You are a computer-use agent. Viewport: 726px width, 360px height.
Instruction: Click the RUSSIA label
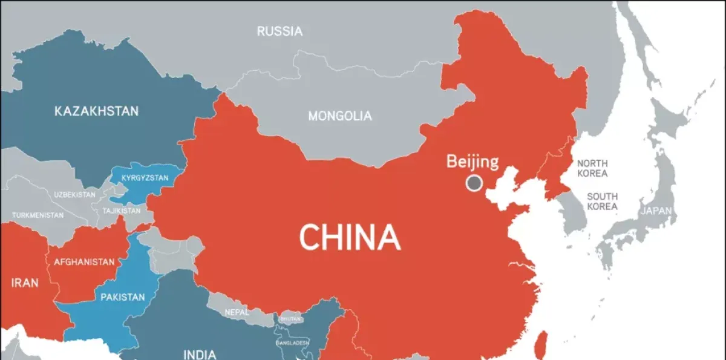click(x=280, y=31)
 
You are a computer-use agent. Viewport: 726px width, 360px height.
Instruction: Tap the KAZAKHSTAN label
click(x=96, y=111)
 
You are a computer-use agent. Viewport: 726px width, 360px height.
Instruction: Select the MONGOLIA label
click(x=340, y=116)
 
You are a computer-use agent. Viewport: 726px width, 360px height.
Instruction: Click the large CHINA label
click(x=350, y=237)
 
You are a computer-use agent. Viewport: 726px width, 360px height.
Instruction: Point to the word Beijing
click(x=473, y=162)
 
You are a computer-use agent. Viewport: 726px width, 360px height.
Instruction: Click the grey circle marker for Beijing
click(x=474, y=183)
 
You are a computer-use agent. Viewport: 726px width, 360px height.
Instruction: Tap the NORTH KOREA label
click(x=592, y=168)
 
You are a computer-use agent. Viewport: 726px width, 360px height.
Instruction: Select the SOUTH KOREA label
click(x=602, y=201)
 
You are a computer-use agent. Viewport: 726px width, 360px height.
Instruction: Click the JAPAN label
click(x=656, y=211)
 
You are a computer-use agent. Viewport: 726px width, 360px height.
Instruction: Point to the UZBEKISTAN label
click(x=74, y=195)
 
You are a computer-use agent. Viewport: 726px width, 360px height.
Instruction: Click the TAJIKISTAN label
click(x=121, y=211)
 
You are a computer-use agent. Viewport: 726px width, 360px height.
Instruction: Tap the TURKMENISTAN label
click(x=38, y=215)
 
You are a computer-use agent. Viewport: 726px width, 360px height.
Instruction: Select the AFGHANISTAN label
click(x=84, y=262)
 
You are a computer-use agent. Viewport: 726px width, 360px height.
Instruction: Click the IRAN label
click(x=24, y=283)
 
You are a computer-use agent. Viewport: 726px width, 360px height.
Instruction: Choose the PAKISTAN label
click(x=122, y=297)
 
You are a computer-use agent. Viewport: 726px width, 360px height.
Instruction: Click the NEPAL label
click(x=236, y=312)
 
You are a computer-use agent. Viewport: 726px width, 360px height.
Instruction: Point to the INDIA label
click(x=200, y=353)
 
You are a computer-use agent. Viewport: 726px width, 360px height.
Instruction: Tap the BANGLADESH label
click(x=292, y=342)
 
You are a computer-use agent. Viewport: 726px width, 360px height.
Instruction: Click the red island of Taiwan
click(x=543, y=342)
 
